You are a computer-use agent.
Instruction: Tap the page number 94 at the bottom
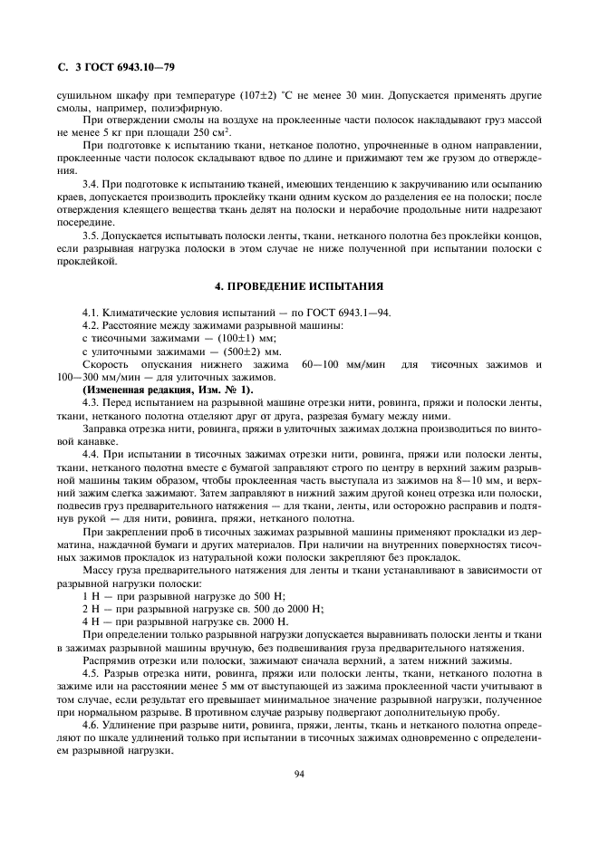click(x=299, y=774)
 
